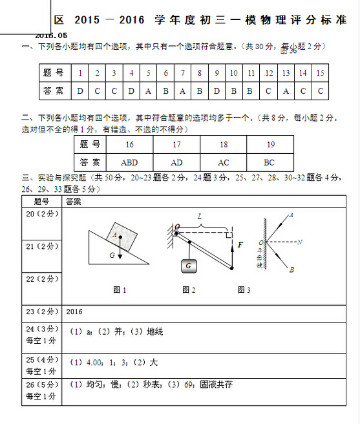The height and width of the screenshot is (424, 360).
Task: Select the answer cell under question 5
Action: [x=148, y=91]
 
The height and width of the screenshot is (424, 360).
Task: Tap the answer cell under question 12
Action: [x=268, y=91]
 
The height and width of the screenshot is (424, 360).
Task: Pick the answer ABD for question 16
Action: [x=129, y=162]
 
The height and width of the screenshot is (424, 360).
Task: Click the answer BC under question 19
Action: [x=270, y=162]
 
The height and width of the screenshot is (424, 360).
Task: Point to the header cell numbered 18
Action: [x=224, y=144]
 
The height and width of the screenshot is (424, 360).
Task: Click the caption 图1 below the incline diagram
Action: [x=120, y=290]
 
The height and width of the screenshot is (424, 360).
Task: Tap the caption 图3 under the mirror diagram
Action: [x=244, y=290]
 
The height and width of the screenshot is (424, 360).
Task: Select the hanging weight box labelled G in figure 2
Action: [x=188, y=266]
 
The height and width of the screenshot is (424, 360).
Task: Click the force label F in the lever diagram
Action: [x=240, y=245]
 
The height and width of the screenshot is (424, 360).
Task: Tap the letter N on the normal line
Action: [x=299, y=242]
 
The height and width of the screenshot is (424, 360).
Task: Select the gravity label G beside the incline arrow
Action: [x=112, y=255]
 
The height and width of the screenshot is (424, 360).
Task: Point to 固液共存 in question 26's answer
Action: [x=216, y=385]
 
